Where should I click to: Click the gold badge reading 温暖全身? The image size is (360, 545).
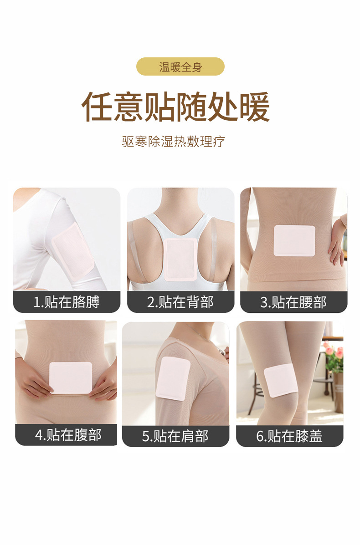tap(180, 67)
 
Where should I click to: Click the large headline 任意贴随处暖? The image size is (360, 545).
tap(175, 107)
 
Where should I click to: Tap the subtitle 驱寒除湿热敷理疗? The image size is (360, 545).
tap(174, 142)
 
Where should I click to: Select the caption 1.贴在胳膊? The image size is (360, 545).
tap(67, 302)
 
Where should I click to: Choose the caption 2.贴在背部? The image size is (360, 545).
tap(180, 302)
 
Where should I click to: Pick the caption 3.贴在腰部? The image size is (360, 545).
tap(293, 302)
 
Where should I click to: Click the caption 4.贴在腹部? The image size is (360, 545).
tap(68, 435)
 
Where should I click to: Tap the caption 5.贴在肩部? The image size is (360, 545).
tap(175, 436)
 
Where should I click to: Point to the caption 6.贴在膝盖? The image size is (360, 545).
tap(289, 436)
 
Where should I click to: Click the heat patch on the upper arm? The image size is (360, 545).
tap(73, 251)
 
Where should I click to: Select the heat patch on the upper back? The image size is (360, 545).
tap(180, 259)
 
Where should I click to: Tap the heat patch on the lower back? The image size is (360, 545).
tap(294, 240)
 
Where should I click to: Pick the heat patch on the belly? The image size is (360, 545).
tap(71, 378)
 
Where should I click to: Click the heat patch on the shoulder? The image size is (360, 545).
tap(173, 378)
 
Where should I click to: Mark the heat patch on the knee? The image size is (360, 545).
tap(281, 380)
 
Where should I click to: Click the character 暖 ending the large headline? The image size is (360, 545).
tap(254, 107)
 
